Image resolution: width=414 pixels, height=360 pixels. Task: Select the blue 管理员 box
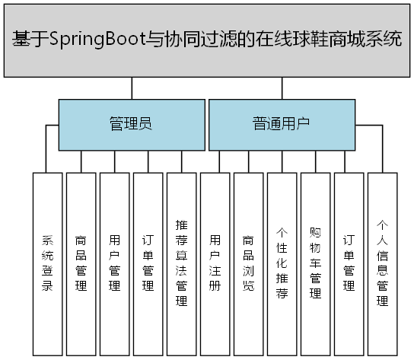coord(131,124)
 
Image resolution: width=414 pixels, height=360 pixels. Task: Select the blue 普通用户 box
coord(282,124)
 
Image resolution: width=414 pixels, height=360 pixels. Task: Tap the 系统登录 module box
coord(48,263)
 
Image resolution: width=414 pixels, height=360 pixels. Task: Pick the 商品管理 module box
coord(81,263)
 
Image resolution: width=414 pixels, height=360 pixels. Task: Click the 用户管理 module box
coord(115,263)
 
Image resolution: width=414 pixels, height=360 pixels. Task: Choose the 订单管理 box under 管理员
coord(148,263)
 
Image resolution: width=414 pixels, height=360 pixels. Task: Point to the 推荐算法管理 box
coord(182,263)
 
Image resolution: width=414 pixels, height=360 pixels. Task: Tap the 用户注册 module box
coord(215,263)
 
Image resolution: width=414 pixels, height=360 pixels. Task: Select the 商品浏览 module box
coord(249,263)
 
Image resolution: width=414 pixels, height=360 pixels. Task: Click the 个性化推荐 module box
coord(282,263)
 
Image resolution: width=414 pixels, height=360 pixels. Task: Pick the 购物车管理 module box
coord(316,263)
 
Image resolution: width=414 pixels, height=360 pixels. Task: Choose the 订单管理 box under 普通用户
coord(349,263)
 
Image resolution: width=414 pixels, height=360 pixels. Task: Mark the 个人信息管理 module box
coord(383,263)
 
